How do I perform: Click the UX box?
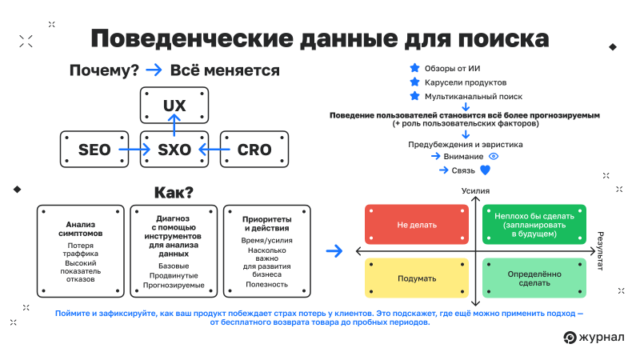(x=174, y=106)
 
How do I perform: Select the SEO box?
(x=94, y=149)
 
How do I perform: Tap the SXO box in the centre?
(x=174, y=149)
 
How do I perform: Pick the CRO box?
(x=254, y=149)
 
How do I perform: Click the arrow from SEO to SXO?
(x=134, y=149)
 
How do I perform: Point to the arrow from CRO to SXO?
(x=214, y=149)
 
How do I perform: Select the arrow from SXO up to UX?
(x=174, y=126)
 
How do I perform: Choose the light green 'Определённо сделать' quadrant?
(x=534, y=278)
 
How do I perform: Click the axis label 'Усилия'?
(x=475, y=192)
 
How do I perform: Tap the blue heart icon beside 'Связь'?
(x=485, y=170)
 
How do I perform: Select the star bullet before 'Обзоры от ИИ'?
(x=414, y=68)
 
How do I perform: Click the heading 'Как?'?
(x=174, y=193)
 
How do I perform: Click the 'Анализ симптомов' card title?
(x=81, y=228)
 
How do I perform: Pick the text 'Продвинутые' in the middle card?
(x=174, y=275)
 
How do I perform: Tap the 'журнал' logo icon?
(x=570, y=337)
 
